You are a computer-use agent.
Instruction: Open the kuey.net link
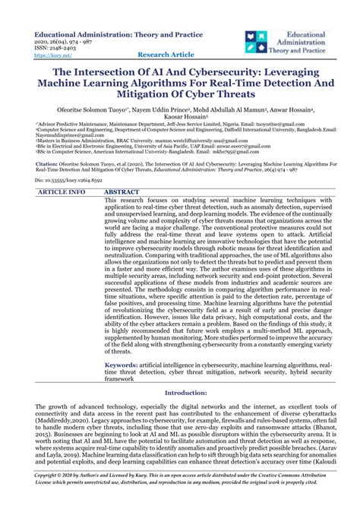(48, 55)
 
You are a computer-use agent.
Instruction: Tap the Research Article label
(167, 55)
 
